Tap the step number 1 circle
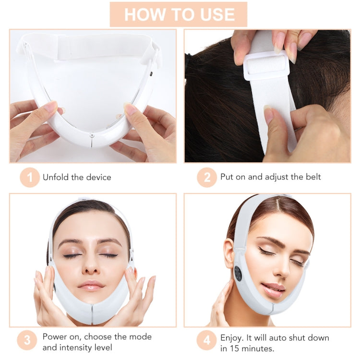point(30,178)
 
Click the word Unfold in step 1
point(56,177)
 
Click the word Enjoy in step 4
point(231,337)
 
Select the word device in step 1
point(98,177)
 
